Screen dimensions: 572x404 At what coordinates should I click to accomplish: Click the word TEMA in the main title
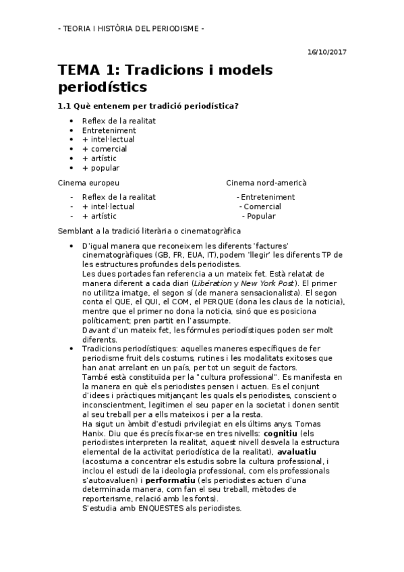pos(78,71)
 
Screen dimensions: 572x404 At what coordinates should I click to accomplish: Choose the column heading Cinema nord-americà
pos(266,183)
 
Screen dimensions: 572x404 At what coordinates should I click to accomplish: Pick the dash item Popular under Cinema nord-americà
pos(261,217)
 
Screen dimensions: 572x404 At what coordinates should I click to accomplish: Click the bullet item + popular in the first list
pos(100,168)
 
